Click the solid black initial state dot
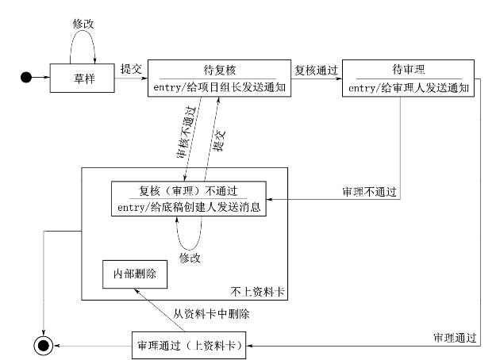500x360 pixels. [x=26, y=77]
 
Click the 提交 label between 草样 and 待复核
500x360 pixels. [x=131, y=69]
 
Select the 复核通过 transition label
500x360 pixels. [x=317, y=69]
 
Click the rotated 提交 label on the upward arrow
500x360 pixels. [x=222, y=140]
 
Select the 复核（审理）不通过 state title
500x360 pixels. [x=188, y=190]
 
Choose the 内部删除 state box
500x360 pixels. [x=131, y=274]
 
